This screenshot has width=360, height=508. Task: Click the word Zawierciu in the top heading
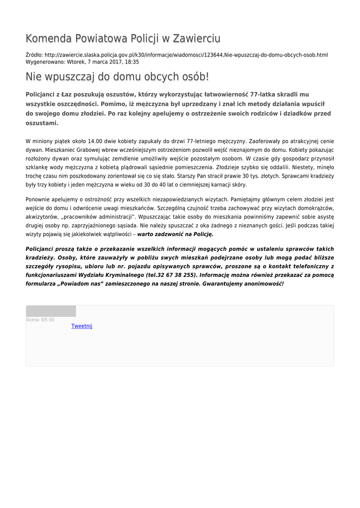click(196, 39)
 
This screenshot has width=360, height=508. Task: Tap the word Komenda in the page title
click(48, 39)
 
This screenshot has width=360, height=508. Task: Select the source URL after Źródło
click(186, 55)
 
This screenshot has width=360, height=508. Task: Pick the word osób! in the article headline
click(191, 77)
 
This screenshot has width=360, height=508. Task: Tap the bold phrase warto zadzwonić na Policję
click(175, 234)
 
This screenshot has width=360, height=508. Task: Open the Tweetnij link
click(81, 326)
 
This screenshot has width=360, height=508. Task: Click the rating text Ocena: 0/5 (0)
click(40, 320)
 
